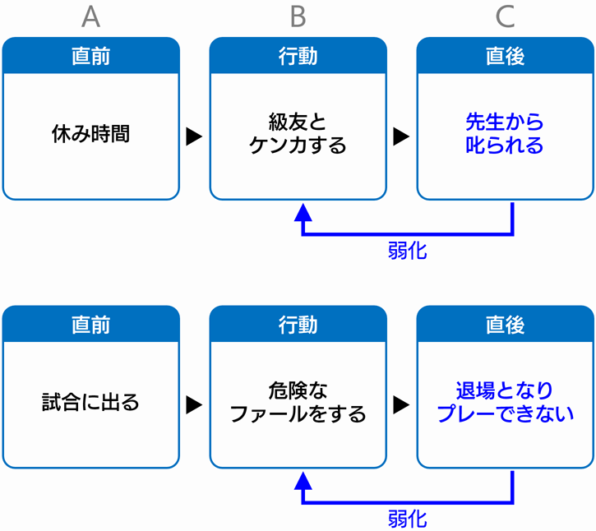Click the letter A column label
point(91,16)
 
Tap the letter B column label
point(298,16)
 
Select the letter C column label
point(505,16)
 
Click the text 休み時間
point(91,134)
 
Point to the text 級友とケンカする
point(298,133)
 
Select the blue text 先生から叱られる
point(505,133)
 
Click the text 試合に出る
point(90,402)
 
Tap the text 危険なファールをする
point(298,402)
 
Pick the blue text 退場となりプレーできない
point(505,402)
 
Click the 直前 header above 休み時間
point(91,56)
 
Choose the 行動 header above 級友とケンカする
point(298,56)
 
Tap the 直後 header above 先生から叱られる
point(505,56)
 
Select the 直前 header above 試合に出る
point(91,325)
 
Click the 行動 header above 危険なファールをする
point(298,325)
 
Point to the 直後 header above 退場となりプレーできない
point(505,325)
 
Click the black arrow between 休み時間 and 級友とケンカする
point(193,136)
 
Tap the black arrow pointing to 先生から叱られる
point(400,136)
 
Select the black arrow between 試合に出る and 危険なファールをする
point(193,404)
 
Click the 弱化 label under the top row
point(408,251)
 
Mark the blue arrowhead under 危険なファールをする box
point(303,480)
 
